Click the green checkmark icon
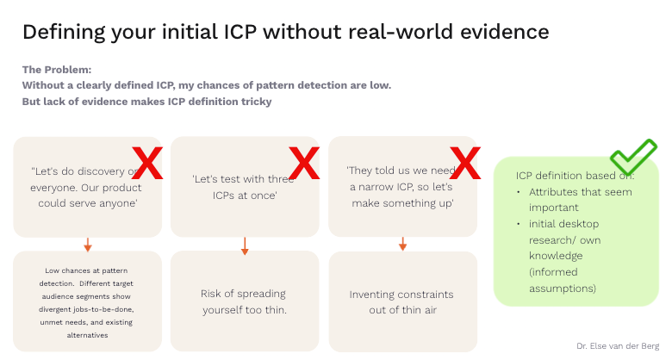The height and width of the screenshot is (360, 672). [634, 158]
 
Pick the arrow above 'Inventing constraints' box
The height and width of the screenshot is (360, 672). [402, 244]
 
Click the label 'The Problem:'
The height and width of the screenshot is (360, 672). [57, 70]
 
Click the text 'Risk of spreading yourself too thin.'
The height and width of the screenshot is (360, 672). [244, 301]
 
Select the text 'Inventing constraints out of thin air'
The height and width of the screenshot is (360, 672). [402, 301]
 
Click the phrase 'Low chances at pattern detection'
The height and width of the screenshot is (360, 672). [87, 276]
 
